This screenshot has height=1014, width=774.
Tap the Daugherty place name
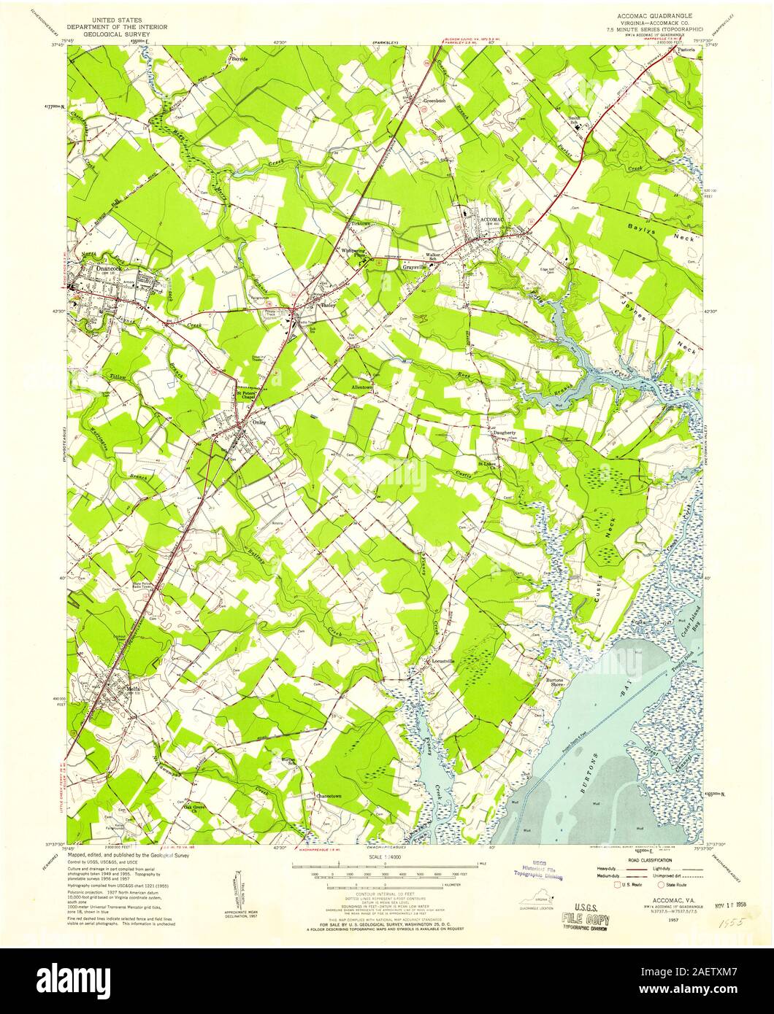tap(502, 433)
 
